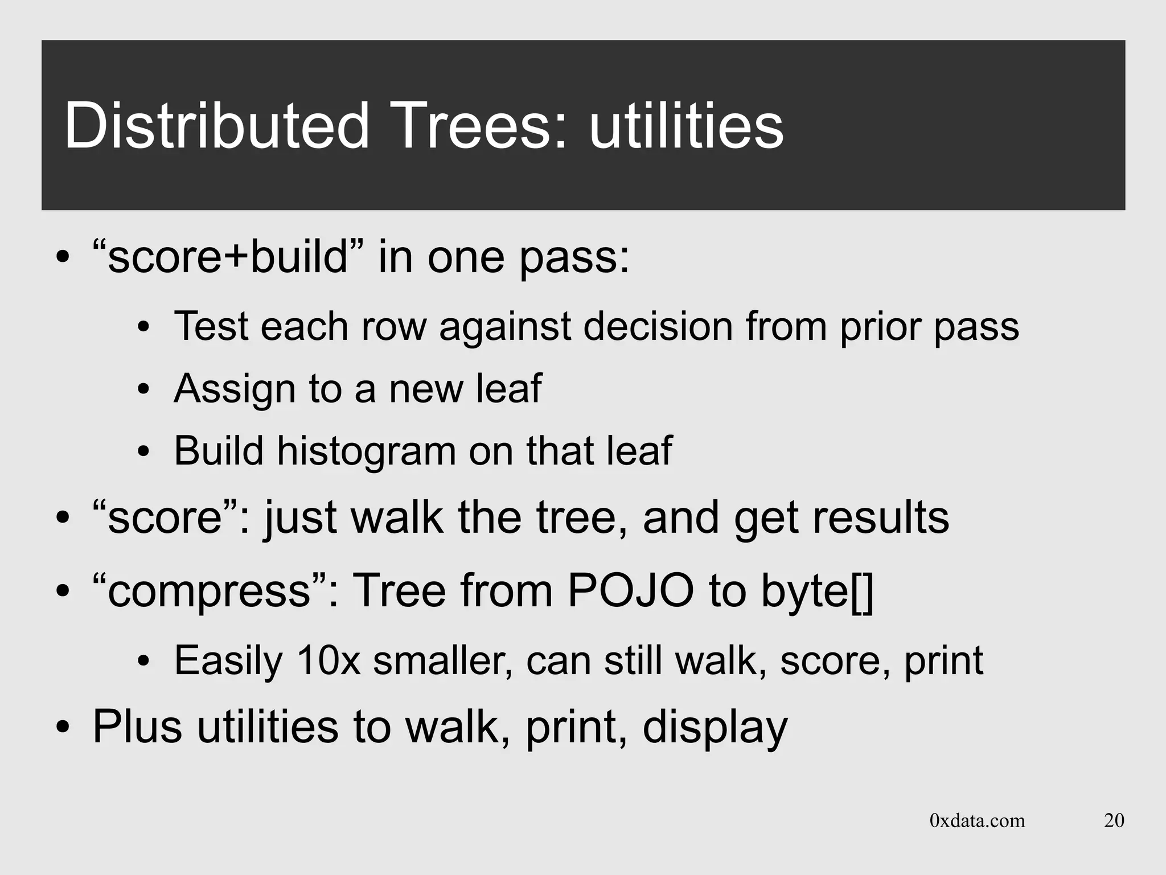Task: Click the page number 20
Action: point(1114,820)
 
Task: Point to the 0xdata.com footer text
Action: point(977,820)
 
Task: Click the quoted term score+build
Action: point(227,257)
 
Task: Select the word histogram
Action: point(366,451)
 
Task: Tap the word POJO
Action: point(631,590)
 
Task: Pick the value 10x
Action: point(329,660)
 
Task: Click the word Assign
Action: point(234,389)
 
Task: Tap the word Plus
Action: point(137,726)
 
